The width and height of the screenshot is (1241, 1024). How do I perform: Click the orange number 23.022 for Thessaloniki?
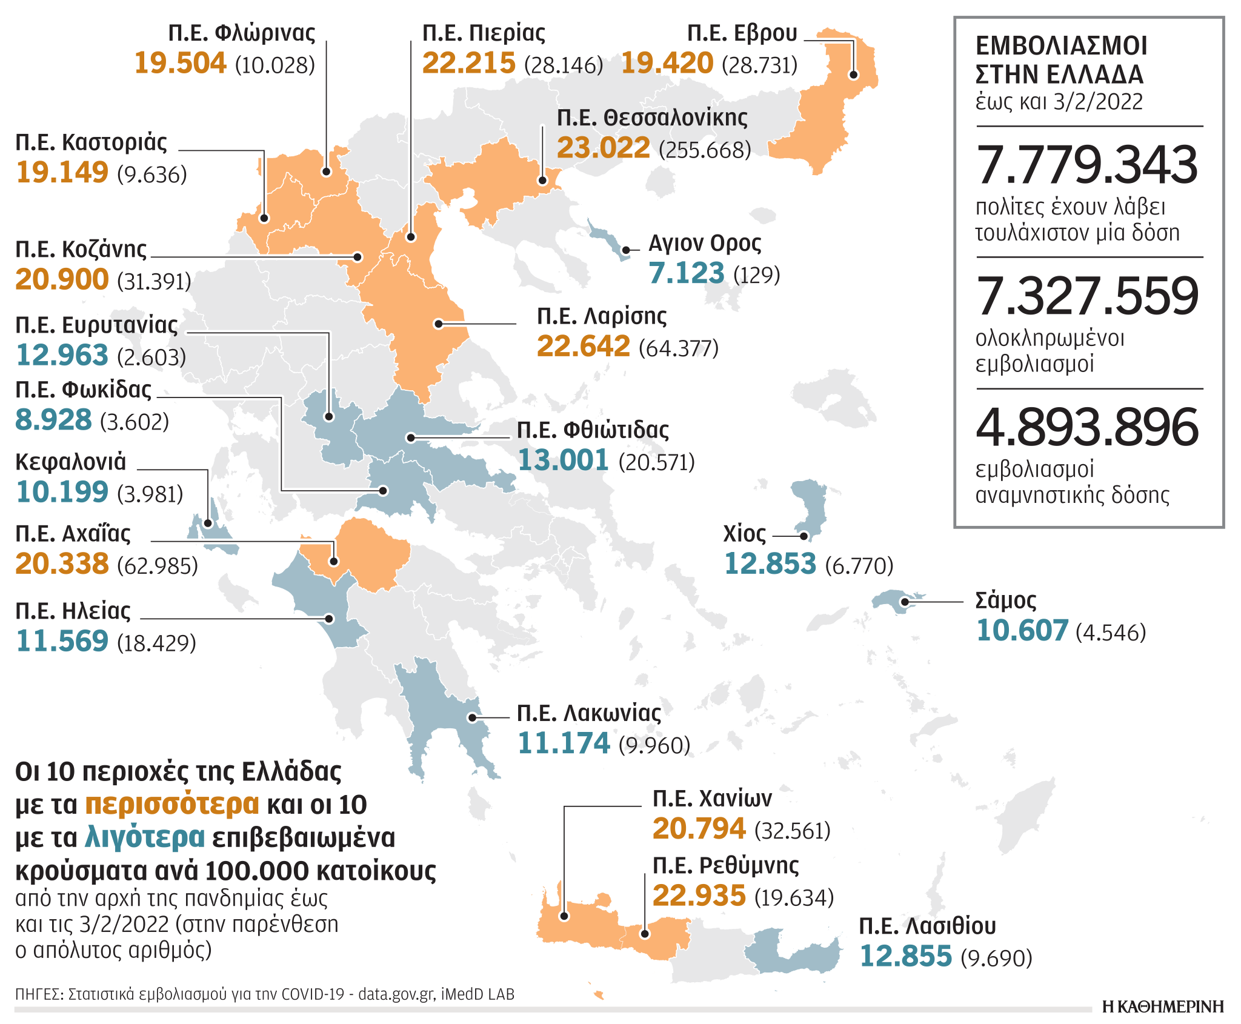[x=603, y=147]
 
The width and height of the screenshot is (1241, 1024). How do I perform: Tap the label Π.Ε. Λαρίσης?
[x=601, y=316]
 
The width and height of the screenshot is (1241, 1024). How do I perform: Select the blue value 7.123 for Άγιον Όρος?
[x=686, y=273]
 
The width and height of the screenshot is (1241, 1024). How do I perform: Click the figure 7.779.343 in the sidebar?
[x=1087, y=165]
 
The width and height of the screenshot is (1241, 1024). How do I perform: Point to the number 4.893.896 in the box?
[x=1087, y=428]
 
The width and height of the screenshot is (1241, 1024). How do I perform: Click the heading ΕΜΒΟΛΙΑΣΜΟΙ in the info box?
[x=1062, y=46]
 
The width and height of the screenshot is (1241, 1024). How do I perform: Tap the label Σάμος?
[x=1005, y=600]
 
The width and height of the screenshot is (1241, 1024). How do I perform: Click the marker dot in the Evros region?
[x=853, y=75]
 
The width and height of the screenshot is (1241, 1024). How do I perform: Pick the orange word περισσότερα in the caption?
[x=172, y=805]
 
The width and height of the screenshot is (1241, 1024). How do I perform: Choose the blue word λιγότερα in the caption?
[x=145, y=837]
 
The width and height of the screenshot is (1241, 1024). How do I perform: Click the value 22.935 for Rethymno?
[x=699, y=896]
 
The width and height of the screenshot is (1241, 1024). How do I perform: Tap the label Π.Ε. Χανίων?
[x=712, y=799]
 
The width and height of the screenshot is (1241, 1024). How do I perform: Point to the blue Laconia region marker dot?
[x=472, y=717]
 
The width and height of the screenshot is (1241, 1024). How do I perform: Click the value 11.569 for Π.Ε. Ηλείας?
[x=62, y=641]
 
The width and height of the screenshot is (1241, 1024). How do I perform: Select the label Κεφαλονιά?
[x=70, y=462]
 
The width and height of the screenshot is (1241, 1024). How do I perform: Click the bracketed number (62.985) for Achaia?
[x=158, y=566]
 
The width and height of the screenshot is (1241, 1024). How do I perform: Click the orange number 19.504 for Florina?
[x=180, y=63]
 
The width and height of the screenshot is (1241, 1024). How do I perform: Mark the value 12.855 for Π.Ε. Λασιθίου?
[x=906, y=956]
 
